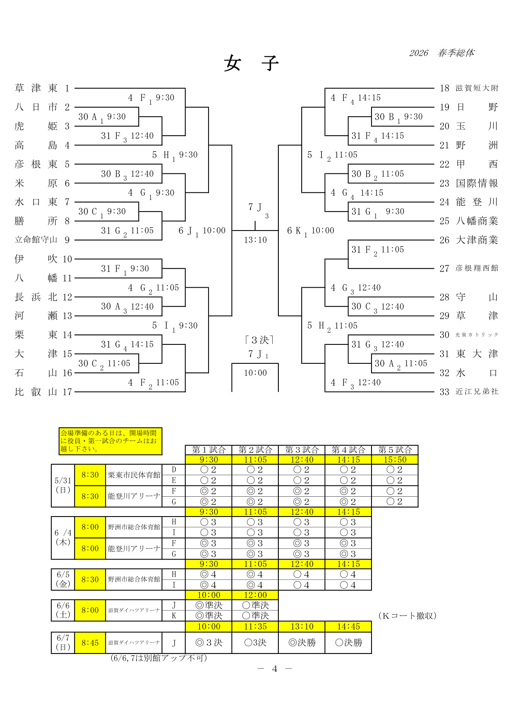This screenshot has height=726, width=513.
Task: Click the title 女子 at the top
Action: click(252, 63)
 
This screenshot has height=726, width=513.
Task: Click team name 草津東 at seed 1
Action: click(36, 88)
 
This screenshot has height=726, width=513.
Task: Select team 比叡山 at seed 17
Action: click(36, 392)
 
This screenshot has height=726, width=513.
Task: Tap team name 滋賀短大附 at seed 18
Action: click(477, 88)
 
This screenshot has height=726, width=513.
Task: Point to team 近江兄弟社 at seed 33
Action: click(477, 392)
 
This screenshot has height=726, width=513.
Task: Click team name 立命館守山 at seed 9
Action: click(36, 240)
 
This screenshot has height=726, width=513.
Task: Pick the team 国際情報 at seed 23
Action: click(477, 183)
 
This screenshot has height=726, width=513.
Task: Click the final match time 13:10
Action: click(255, 240)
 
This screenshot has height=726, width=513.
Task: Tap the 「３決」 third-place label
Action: click(259, 340)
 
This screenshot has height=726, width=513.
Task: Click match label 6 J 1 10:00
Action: click(202, 231)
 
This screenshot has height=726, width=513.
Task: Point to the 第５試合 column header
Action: click(395, 450)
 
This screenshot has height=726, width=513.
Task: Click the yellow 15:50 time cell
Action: click(395, 460)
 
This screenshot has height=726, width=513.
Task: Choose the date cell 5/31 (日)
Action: click(63, 486)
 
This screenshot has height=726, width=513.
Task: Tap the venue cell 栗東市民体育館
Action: click(134, 475)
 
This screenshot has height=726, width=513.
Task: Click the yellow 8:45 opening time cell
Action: click(90, 643)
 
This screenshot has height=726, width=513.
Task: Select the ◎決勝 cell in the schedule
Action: click(302, 643)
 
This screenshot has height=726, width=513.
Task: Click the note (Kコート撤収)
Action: click(408, 616)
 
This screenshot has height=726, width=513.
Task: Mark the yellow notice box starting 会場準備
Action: click(110, 441)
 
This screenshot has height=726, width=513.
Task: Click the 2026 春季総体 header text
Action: click(442, 53)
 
